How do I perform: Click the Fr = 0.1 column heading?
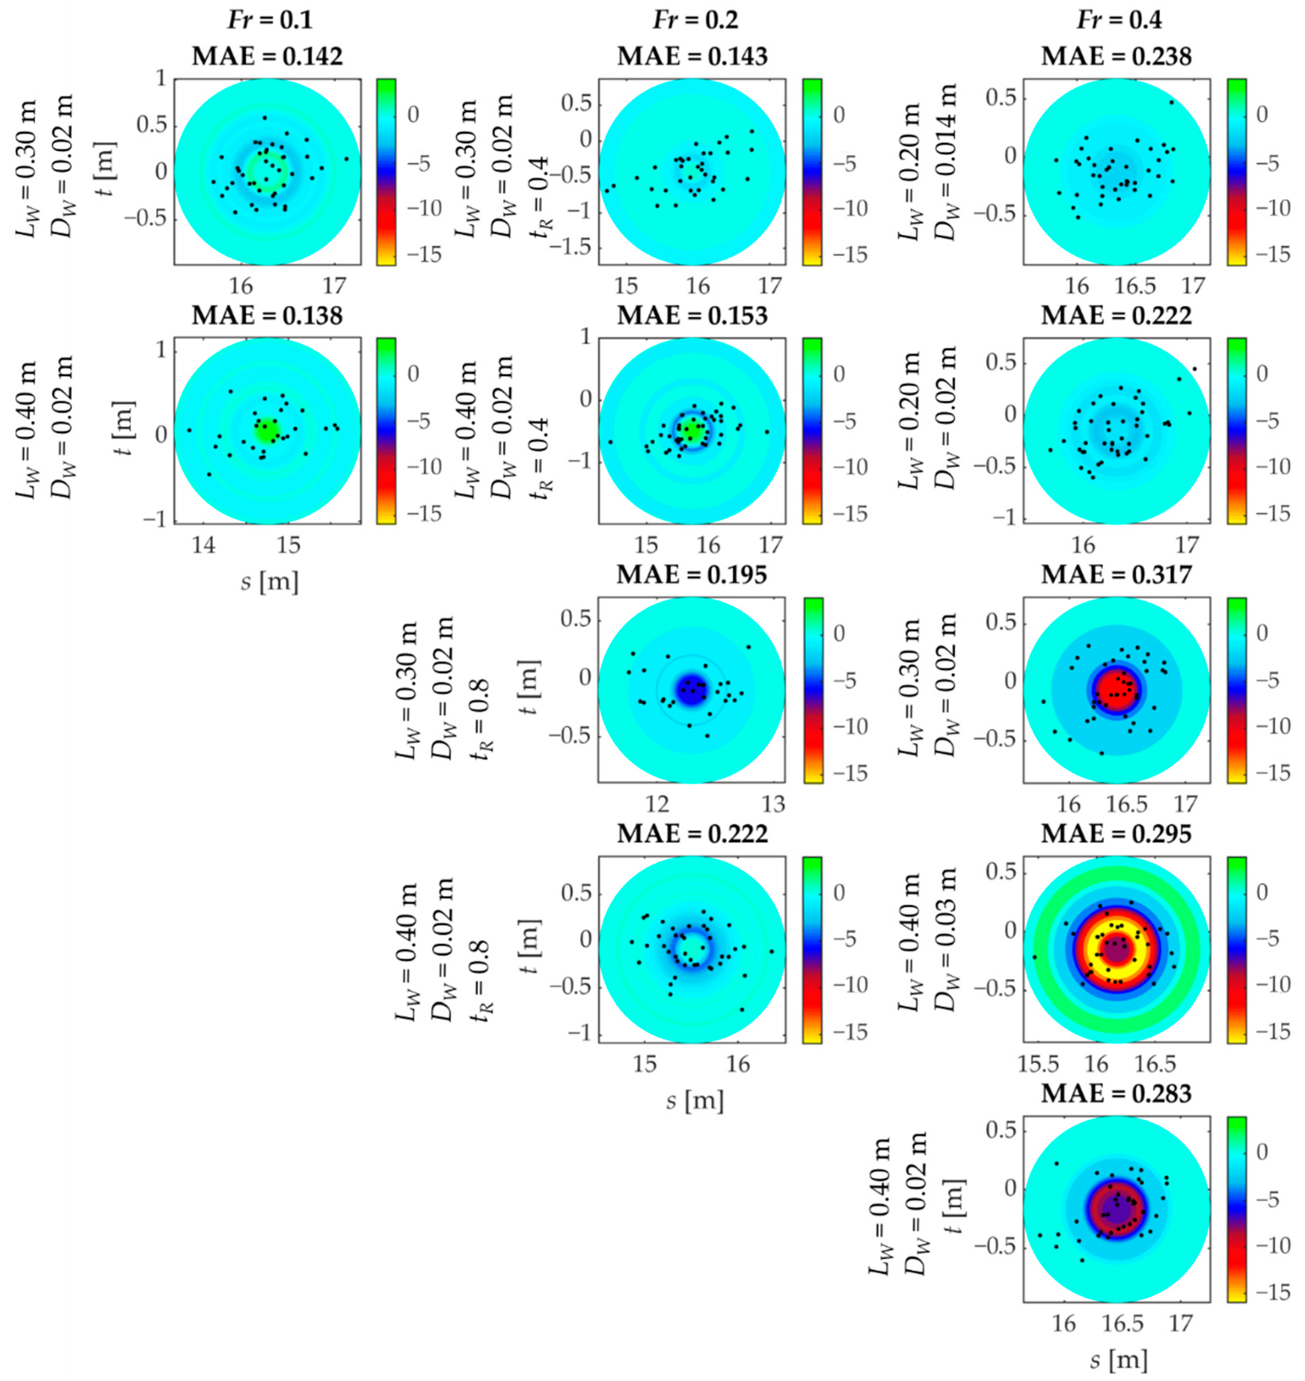tap(270, 20)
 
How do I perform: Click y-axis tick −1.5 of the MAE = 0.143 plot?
tap(574, 247)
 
